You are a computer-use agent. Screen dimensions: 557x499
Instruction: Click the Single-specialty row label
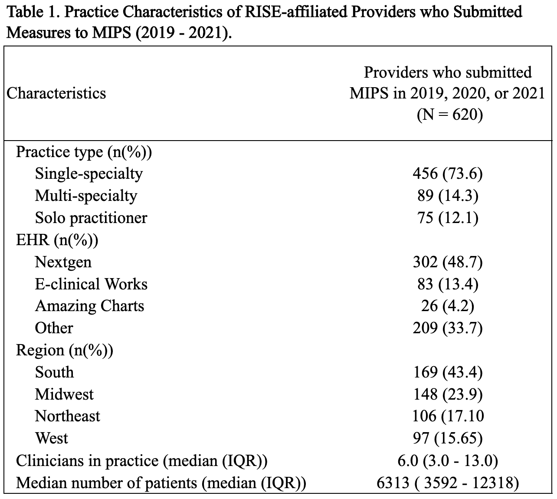89,174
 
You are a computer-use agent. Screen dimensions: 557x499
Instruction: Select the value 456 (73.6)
448,174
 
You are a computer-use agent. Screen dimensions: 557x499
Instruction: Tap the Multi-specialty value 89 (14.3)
448,196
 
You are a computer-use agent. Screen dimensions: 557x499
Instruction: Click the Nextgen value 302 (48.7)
448,262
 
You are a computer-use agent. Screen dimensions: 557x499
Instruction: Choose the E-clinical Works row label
91,284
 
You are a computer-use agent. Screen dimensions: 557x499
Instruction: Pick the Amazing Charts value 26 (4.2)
448,306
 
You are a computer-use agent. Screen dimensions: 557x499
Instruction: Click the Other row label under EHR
54,328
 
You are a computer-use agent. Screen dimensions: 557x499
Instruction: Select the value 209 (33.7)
448,328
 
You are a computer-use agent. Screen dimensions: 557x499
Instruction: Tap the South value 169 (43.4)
448,372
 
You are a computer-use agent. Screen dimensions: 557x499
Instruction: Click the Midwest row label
64,394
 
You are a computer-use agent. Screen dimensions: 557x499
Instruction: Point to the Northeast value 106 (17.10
448,416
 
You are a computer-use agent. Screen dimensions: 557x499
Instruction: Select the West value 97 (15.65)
448,438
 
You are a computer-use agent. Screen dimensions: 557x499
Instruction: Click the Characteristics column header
56,94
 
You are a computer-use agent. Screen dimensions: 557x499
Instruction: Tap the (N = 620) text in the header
450,115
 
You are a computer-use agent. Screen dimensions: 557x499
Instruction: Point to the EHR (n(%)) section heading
57,240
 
